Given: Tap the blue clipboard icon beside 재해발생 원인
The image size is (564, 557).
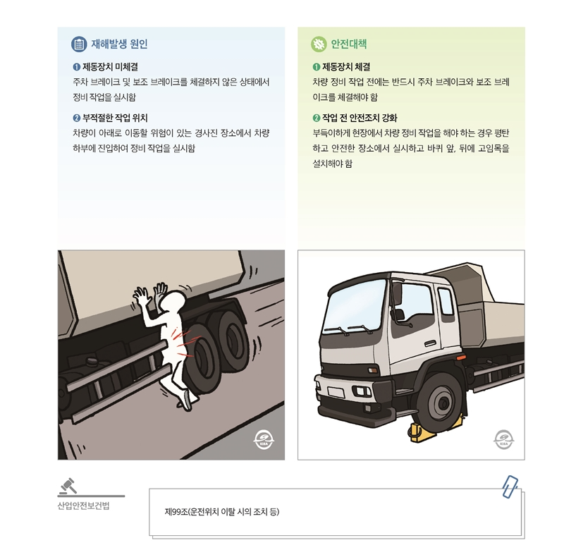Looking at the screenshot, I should (x=79, y=44).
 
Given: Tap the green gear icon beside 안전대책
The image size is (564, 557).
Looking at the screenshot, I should (x=319, y=44).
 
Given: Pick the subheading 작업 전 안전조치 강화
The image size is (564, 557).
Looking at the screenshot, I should (x=359, y=118).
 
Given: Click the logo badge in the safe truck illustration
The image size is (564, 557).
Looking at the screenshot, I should (x=503, y=439).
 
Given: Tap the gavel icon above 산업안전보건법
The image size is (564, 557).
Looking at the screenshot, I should (x=71, y=486).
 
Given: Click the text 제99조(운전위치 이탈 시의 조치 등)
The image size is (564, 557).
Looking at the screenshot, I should (x=222, y=510).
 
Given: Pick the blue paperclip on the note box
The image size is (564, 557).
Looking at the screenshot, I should (x=510, y=486).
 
